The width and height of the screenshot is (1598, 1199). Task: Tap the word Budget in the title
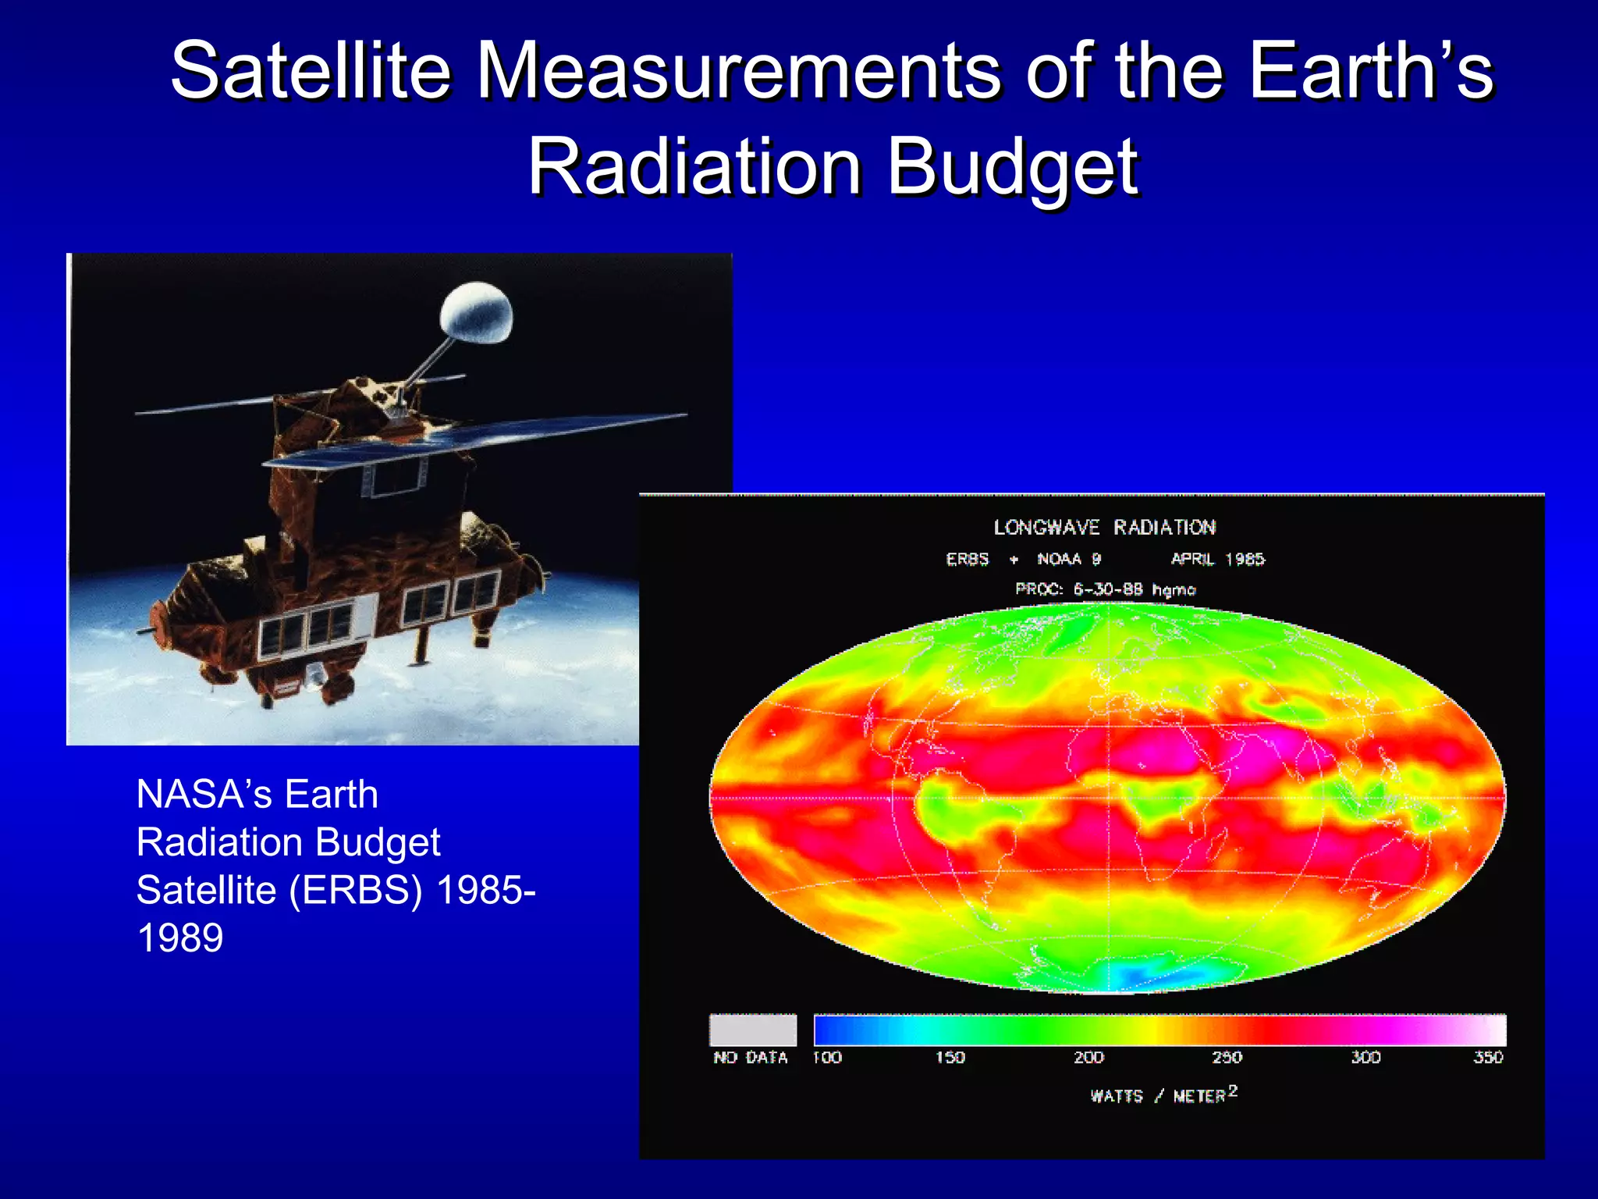[1013, 166]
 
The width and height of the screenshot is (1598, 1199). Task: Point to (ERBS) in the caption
[356, 890]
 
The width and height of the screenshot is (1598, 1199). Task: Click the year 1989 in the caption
[180, 937]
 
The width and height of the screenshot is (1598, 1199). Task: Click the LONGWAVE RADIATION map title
[1104, 528]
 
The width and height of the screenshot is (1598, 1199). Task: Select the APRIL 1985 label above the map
[1217, 559]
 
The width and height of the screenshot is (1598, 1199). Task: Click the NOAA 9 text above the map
[1068, 559]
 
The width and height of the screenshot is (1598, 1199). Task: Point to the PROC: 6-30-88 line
[1105, 589]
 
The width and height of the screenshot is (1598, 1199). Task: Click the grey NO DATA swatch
[753, 1030]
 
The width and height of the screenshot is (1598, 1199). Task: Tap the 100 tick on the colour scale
[827, 1057]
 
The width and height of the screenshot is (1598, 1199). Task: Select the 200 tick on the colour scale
[1088, 1057]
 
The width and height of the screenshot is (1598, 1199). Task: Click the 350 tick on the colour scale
[1487, 1057]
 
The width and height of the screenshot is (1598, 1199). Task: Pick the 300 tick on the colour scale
[1365, 1057]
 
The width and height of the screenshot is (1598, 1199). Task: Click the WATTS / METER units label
[1163, 1095]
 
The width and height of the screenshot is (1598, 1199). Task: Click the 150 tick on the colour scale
[950, 1057]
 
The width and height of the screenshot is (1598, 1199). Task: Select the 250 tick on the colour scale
[1227, 1057]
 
